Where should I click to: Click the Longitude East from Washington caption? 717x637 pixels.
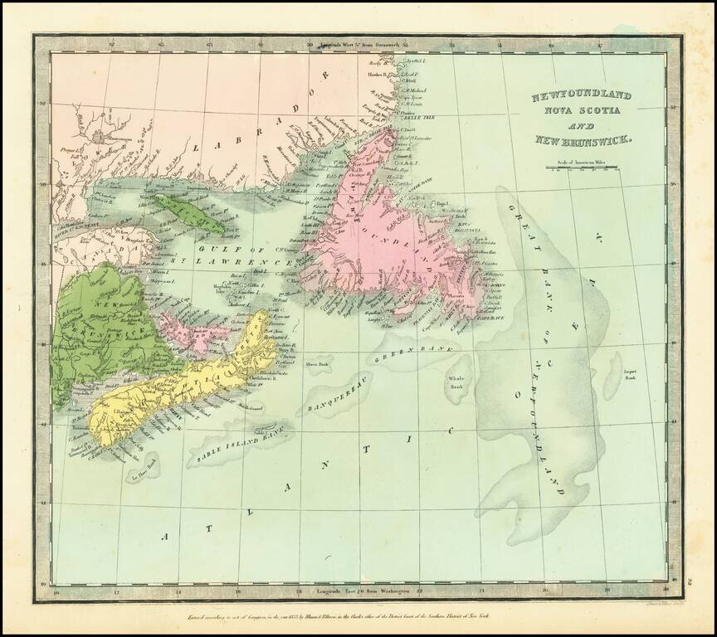[363, 590]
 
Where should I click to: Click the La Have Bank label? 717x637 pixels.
[139, 477]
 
